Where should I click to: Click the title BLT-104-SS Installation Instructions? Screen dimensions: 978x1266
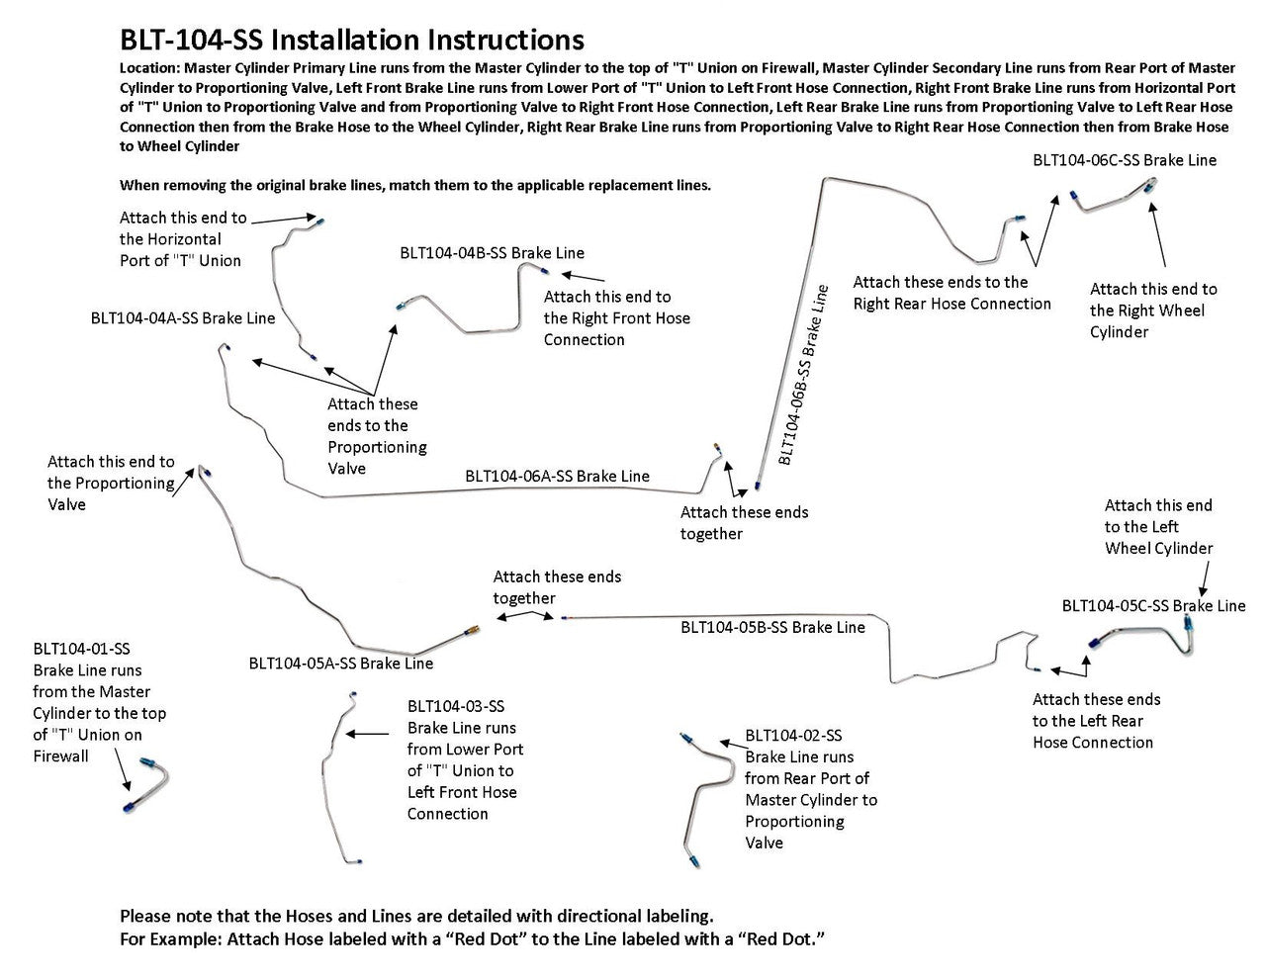[x=351, y=40]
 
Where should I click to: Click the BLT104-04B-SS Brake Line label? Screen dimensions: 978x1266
[x=492, y=253]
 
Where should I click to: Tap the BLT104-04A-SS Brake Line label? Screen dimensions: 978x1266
[x=183, y=318]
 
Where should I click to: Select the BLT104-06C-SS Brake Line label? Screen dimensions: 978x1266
[x=1125, y=160]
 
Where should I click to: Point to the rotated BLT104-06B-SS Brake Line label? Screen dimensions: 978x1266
[x=802, y=376]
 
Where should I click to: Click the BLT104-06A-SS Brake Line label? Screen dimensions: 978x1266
[x=557, y=477]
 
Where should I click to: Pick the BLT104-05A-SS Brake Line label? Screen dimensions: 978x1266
[x=340, y=664]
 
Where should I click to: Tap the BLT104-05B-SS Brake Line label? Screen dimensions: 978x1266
[x=771, y=627]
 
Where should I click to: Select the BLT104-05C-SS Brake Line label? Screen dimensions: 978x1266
[x=1153, y=605]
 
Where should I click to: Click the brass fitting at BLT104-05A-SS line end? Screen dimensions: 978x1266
[x=472, y=628]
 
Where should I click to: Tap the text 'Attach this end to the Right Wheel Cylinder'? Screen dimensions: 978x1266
[x=1153, y=311]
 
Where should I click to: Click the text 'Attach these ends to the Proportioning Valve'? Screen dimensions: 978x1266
[x=377, y=436]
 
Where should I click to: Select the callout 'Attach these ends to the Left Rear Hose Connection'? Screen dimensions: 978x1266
[x=1096, y=721]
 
